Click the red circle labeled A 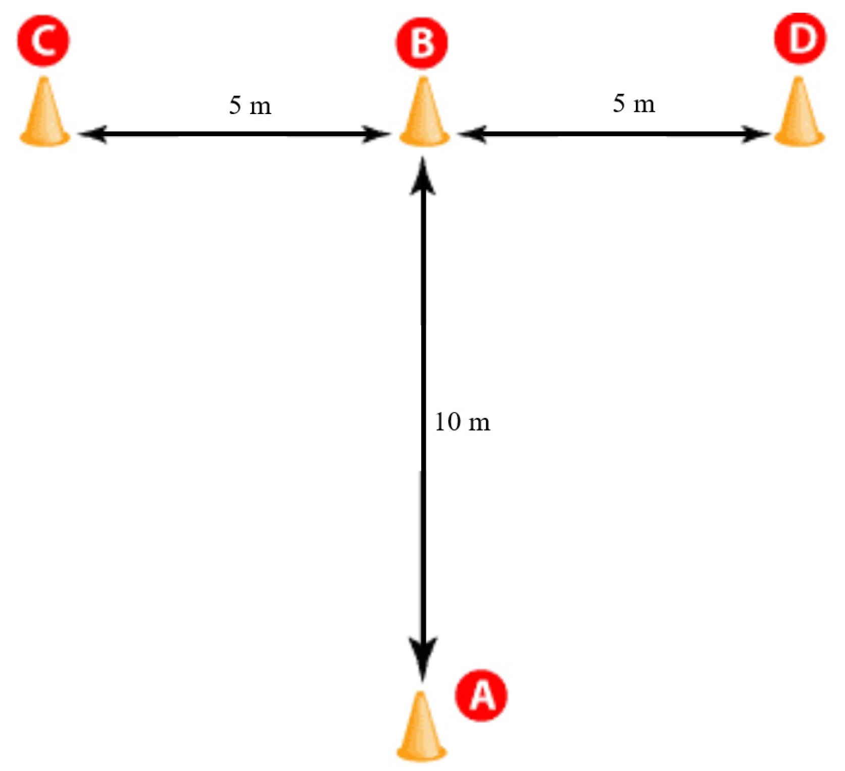[481, 695]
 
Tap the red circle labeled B [422, 42]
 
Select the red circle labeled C [43, 40]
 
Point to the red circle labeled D [800, 38]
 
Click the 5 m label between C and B [250, 105]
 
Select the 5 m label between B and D [634, 103]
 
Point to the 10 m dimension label [462, 422]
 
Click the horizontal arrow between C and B [235, 134]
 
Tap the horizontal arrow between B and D [614, 134]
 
